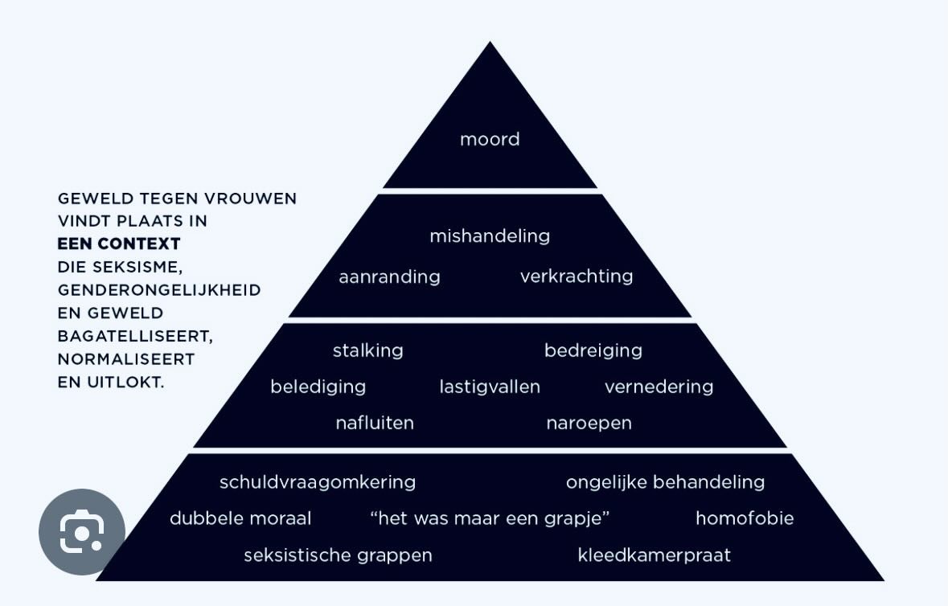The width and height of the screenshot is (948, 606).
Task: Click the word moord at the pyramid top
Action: point(490,140)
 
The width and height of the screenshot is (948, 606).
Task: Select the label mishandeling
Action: point(490,236)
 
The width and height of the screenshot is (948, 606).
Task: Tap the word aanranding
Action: point(389,277)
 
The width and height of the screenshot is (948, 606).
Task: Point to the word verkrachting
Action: point(577,276)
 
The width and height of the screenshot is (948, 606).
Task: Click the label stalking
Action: point(368,351)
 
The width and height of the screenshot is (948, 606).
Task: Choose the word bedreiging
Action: point(593,351)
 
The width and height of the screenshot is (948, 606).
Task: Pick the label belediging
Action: point(318,387)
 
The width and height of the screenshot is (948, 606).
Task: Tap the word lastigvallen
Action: point(490,387)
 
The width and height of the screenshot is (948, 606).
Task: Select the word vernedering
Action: point(659,387)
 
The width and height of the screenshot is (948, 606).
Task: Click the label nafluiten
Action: point(375,423)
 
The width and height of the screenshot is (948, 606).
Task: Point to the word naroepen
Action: point(589,423)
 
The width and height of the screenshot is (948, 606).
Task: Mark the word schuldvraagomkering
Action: point(318,482)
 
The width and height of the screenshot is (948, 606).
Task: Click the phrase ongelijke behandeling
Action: point(665,482)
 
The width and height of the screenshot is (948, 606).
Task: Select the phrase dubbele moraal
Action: point(240,518)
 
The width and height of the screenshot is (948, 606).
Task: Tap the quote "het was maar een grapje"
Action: point(490,518)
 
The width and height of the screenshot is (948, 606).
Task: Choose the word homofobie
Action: point(745,518)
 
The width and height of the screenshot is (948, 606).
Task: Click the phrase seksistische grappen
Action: point(338,555)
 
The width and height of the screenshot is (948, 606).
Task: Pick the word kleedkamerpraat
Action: point(655,555)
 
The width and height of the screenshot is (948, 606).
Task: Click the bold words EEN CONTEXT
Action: point(119,244)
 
